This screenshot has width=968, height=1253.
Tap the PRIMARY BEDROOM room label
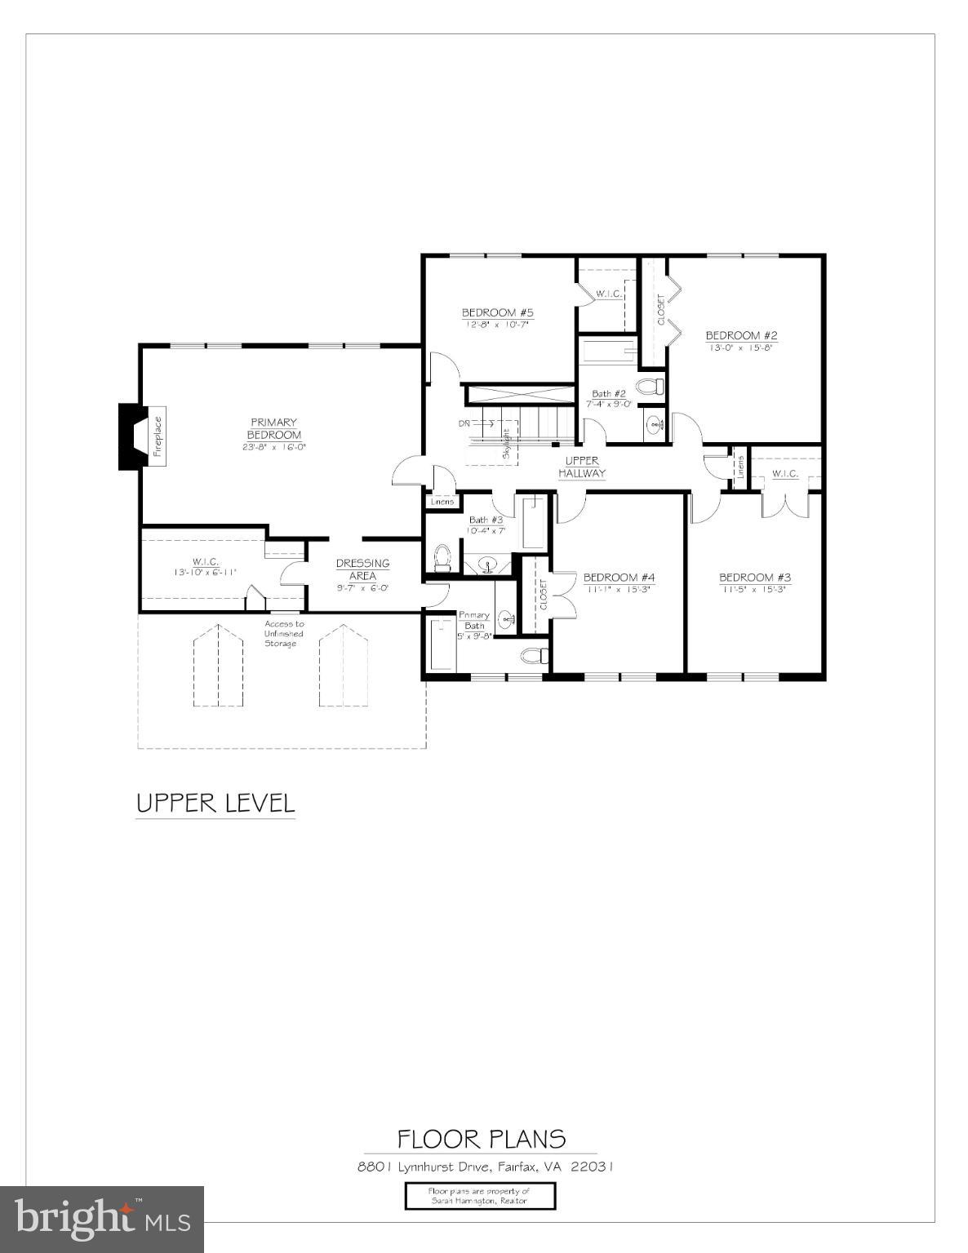274,428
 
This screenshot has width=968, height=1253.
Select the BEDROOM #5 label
497,312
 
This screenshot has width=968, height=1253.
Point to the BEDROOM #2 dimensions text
741,347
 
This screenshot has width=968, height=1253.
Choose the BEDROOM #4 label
619,578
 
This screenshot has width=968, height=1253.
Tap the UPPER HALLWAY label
582,467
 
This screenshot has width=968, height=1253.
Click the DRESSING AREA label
362,569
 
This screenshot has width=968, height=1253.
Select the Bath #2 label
609,393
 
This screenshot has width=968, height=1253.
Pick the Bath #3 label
486,520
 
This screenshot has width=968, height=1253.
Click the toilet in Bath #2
651,386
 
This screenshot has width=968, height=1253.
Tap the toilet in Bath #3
442,556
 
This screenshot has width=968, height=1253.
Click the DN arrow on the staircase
476,423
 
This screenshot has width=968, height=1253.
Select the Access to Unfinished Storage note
283,634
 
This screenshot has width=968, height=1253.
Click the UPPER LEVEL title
215,803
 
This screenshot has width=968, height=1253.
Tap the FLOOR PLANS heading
481,1139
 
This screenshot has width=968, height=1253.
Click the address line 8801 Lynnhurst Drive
485,1167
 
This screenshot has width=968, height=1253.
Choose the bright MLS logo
102,1219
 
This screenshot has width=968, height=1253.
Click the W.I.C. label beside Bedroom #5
609,294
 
